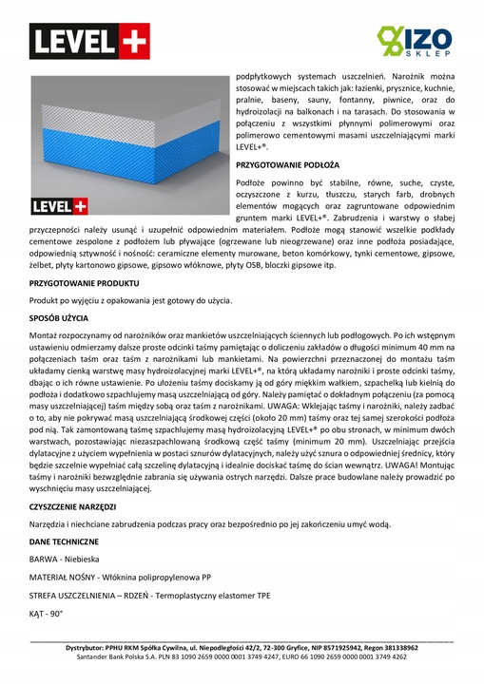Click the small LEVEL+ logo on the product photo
pyautogui.click(x=59, y=206)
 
